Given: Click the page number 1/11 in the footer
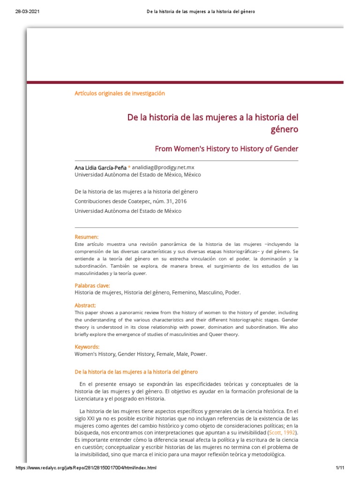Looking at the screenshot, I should point(340,468).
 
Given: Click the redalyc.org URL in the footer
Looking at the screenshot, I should point(86,468).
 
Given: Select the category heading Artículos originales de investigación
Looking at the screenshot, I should point(120,93).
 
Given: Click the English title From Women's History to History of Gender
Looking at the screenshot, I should point(226,149).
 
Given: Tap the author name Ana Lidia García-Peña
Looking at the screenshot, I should point(100,167).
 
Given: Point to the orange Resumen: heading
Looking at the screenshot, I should point(87,237).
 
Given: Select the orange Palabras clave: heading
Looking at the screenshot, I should point(92,285).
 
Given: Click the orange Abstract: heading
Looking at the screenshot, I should point(85,305).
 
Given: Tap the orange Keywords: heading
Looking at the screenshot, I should point(87,347).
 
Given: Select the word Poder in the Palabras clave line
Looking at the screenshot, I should point(232,292).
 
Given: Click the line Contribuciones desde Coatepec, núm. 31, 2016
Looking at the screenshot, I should point(127,201).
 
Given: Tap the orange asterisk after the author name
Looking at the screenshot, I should point(129,167).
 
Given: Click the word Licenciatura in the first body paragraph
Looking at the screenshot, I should point(92,398).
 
